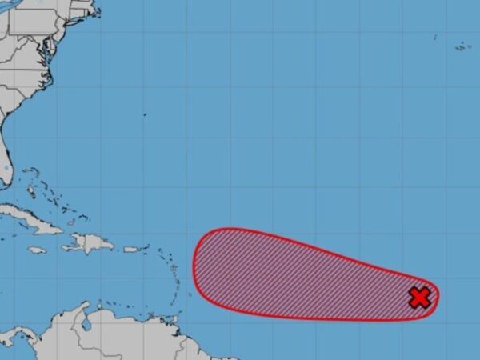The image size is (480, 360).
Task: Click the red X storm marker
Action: pyautogui.click(x=419, y=298)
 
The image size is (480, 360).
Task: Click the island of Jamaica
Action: pyautogui.click(x=37, y=250)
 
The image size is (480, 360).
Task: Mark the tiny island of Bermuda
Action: pyautogui.click(x=145, y=114)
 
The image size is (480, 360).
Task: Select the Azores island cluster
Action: pyautogui.click(x=462, y=46)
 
